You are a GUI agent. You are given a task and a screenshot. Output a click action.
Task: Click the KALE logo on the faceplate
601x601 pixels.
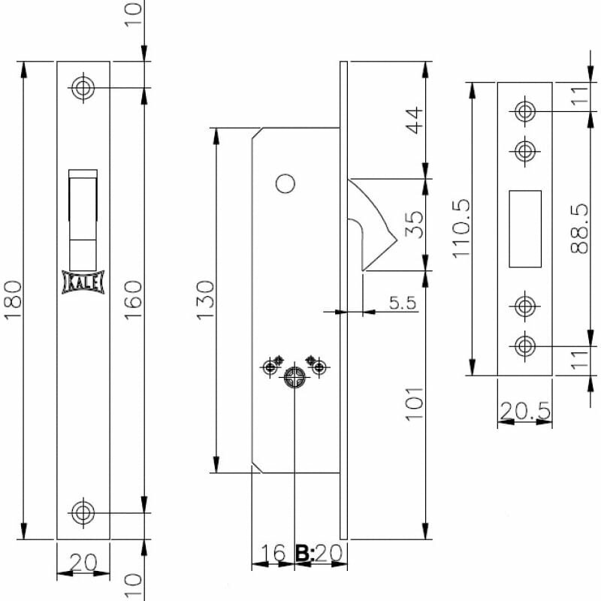tap(83, 282)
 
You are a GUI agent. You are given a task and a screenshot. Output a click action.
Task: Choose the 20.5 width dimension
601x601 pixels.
tap(525, 411)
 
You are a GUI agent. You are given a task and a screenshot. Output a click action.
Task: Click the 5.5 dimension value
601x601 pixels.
tap(402, 303)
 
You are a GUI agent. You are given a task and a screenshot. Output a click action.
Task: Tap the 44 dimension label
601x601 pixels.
tap(415, 120)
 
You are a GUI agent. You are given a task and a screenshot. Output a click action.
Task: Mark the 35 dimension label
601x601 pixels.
tap(415, 224)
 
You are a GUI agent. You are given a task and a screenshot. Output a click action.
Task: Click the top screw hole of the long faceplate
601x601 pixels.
tap(83, 88)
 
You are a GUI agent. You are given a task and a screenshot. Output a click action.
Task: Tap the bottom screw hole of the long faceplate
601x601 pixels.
tap(83, 512)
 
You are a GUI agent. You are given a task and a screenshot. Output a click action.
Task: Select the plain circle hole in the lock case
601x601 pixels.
tap(285, 183)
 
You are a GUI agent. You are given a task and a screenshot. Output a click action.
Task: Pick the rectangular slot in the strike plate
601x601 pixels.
tap(525, 228)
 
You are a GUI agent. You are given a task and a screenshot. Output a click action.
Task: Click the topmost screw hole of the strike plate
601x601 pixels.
tap(525, 111)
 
